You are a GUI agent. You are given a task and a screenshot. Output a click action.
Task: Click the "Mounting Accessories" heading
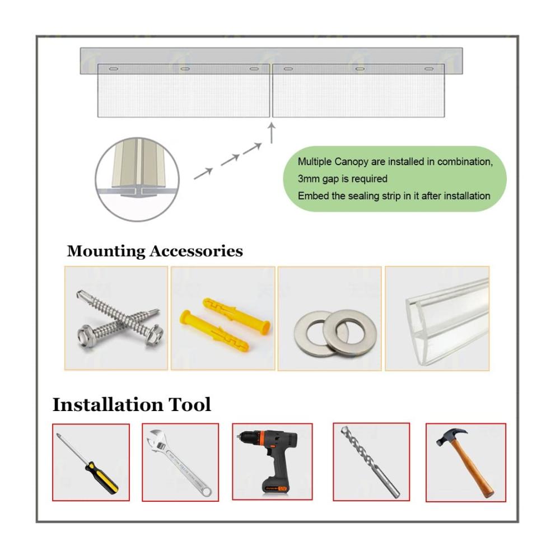point(155,251)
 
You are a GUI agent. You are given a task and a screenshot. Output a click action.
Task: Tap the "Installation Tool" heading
point(132,405)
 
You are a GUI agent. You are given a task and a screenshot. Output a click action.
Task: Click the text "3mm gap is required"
point(343,179)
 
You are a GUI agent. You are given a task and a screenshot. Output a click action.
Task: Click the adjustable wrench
point(179,463)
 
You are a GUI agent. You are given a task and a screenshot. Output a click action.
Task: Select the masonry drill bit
point(370,462)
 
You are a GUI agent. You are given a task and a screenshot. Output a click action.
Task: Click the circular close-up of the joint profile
point(137,179)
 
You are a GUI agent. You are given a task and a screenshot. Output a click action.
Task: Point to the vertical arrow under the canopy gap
point(272,133)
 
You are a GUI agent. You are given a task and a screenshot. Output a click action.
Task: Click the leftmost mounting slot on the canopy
point(113,68)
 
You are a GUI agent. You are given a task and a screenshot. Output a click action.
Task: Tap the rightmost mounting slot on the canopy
point(429,68)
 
